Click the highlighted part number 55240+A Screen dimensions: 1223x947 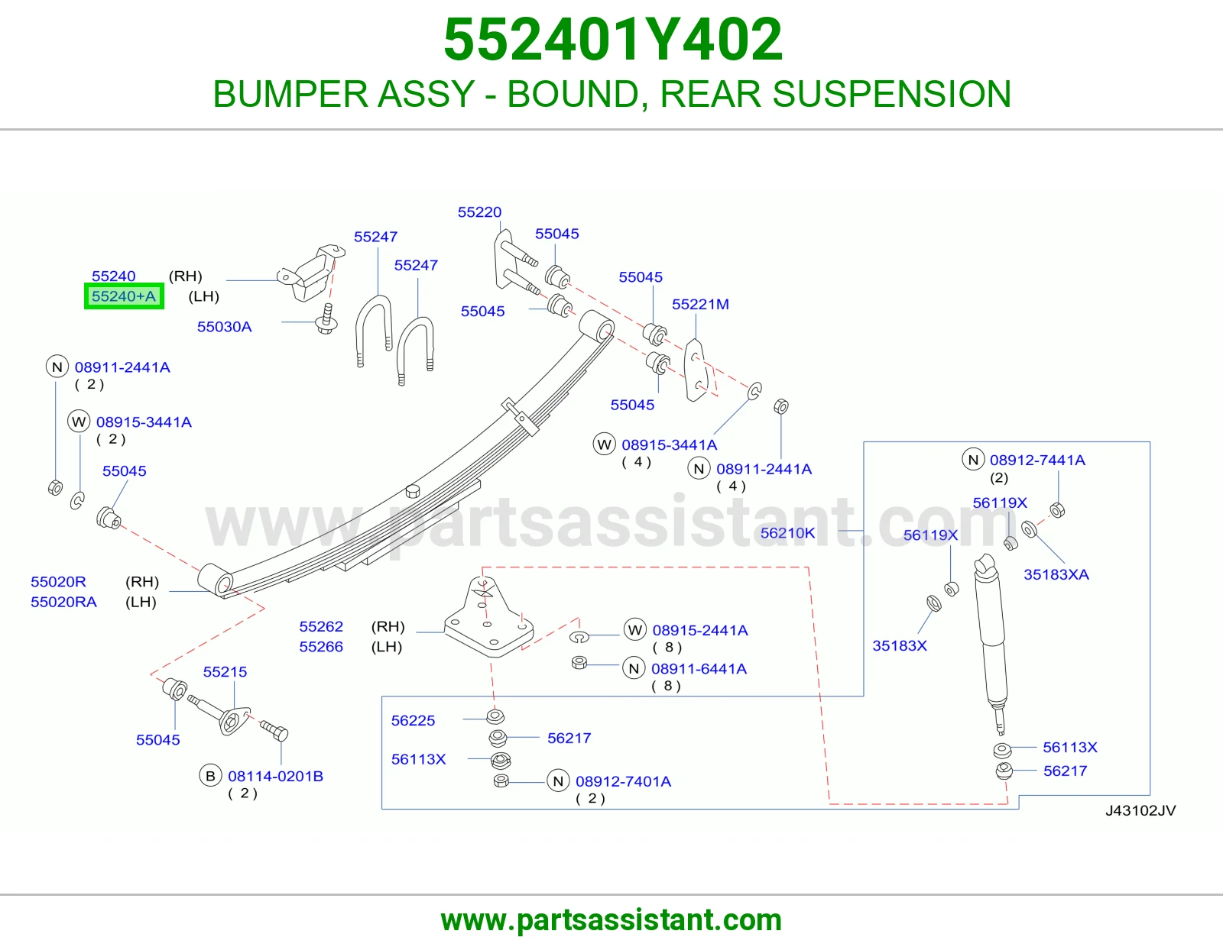pos(124,296)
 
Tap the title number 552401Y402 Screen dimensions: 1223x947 pos(613,40)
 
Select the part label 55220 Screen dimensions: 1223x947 pos(479,212)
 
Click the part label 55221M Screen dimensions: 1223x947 pos(700,304)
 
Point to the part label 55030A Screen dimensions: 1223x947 pos(224,327)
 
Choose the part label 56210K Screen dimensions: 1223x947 pos(787,532)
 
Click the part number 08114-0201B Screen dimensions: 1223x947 pos(275,776)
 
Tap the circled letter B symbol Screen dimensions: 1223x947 pos(210,776)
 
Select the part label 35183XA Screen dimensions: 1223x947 pos(1056,574)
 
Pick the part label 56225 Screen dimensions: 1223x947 pos(413,720)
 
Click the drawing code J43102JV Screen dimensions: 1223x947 pos(1140,810)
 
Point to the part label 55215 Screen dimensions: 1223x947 pos(225,671)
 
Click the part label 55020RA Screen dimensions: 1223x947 pos(63,602)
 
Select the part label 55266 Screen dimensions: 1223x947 pos(321,647)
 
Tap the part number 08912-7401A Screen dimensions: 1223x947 pos(623,781)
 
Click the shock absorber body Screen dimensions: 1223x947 pos(991,641)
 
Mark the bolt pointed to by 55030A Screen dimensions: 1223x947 pos(326,319)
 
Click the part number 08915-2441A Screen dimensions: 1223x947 pos(700,630)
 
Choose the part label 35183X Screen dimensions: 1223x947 pos(900,645)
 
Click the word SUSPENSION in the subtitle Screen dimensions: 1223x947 pos(892,94)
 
